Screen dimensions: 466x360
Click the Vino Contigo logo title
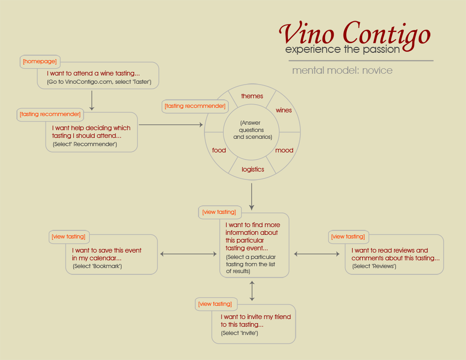355,35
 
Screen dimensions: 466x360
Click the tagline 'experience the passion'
342,49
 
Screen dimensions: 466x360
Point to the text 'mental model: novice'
342,71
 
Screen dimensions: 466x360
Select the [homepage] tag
40,61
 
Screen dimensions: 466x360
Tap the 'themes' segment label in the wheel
252,96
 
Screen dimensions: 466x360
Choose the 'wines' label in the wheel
284,110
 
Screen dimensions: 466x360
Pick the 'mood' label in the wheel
284,151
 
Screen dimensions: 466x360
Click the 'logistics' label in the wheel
253,169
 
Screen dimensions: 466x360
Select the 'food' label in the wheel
219,151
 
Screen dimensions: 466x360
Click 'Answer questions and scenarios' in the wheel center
252,130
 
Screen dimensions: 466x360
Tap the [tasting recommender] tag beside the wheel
195,106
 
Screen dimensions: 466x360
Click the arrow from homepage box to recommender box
92,101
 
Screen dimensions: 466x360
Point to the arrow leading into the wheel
171,125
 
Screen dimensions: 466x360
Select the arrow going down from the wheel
252,197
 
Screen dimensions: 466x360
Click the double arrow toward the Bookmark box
188,254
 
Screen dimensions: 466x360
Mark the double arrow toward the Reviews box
317,254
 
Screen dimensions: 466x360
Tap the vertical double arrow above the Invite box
252,291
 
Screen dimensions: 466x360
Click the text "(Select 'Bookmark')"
97,266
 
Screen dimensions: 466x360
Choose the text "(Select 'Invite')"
239,333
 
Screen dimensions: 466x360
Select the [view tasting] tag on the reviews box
348,237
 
